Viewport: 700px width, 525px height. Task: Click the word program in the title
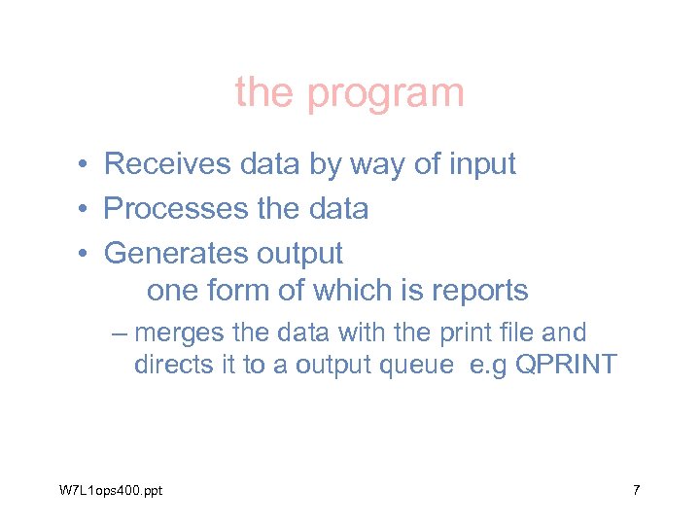(x=385, y=94)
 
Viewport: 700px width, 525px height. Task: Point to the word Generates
(x=176, y=253)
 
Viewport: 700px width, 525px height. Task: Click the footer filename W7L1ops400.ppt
(x=111, y=490)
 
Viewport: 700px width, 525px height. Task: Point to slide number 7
(x=636, y=490)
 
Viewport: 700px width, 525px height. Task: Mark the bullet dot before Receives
(x=86, y=165)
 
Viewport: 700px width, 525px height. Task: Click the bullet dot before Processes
(x=86, y=209)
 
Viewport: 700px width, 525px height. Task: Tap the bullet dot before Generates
(x=86, y=254)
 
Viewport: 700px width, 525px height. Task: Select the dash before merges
(x=120, y=333)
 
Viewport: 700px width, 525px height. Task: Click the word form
(x=239, y=291)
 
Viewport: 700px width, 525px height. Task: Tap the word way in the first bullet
(x=345, y=165)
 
